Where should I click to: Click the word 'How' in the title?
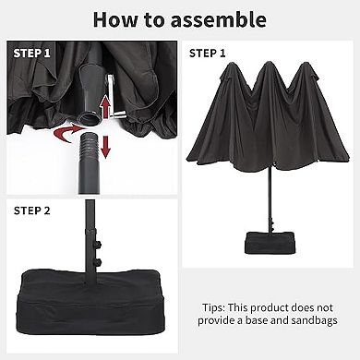click(117, 19)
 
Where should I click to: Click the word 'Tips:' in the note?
click(218, 306)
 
